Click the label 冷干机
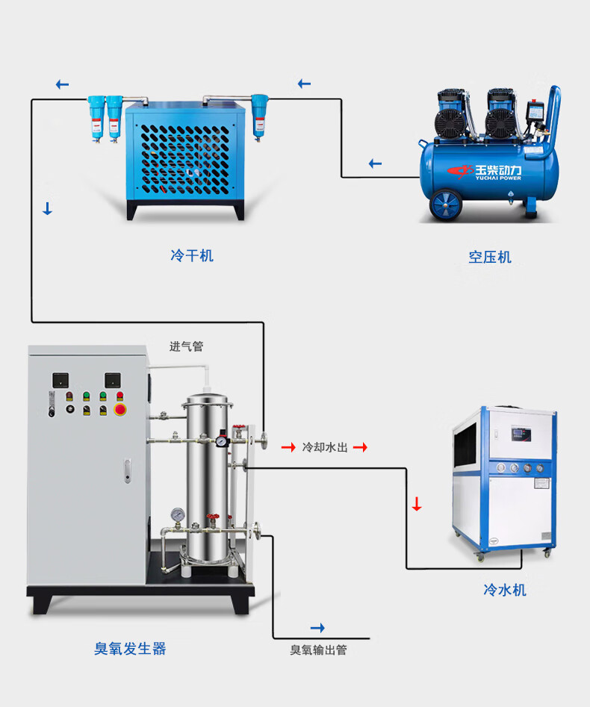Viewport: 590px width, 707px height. (192, 256)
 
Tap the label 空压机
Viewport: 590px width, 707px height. (490, 258)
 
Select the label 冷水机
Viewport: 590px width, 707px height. (505, 591)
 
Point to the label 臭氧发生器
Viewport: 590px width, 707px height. (130, 649)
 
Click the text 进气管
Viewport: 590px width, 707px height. (186, 346)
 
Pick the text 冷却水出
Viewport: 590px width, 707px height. (325, 448)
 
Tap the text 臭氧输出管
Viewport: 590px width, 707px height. (319, 650)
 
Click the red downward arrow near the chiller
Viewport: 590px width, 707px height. (417, 505)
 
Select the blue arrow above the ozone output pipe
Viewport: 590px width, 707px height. (317, 628)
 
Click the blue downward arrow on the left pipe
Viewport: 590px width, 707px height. (48, 209)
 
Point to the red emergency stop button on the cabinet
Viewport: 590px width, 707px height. (119, 410)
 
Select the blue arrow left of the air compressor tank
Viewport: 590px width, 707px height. (375, 164)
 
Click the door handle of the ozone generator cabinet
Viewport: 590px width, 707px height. (127, 470)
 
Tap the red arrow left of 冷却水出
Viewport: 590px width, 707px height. (288, 448)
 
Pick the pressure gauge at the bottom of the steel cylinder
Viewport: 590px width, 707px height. (177, 514)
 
